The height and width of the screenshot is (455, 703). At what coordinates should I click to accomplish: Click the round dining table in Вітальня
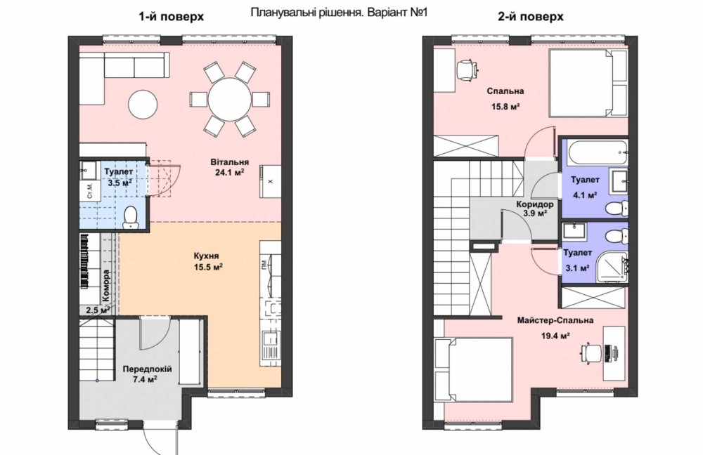coord(229,100)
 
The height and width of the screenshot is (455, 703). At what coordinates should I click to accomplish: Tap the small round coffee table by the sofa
coord(143,105)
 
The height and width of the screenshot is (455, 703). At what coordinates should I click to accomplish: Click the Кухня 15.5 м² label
coord(207,261)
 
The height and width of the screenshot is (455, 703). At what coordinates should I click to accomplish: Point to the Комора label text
coord(106,285)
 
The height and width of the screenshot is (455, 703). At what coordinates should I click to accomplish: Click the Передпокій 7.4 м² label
coord(147,374)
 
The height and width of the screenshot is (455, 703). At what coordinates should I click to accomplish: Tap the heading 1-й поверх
coord(172,17)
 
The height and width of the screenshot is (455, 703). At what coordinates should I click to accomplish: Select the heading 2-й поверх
coord(530,17)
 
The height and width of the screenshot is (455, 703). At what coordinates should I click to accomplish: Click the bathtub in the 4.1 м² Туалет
coord(597,152)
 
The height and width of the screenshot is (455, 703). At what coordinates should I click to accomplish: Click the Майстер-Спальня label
coord(555,320)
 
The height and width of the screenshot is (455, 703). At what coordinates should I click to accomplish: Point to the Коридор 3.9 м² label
coord(535,209)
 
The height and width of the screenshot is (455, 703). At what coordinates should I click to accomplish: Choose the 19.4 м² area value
coord(555,336)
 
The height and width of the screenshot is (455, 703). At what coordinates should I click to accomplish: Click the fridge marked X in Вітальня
coord(271,181)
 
